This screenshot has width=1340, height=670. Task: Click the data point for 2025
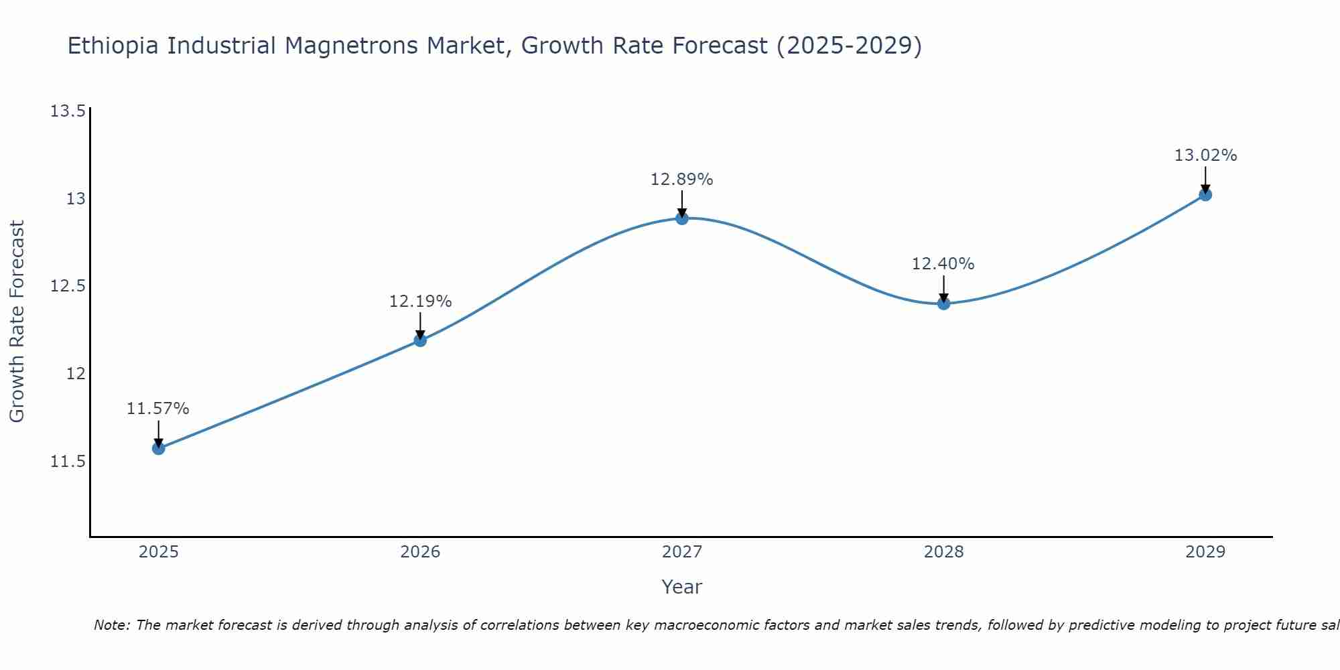click(x=159, y=448)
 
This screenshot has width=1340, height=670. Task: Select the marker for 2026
click(x=420, y=340)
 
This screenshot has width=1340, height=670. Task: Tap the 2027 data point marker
click(x=682, y=218)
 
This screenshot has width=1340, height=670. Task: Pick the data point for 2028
click(x=943, y=304)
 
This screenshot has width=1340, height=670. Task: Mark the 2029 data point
click(x=1205, y=195)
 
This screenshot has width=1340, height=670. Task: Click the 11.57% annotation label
click(x=158, y=409)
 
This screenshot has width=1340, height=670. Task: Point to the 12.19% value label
click(x=420, y=301)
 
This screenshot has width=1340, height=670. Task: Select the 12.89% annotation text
click(x=682, y=180)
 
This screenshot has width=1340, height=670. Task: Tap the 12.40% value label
click(x=943, y=264)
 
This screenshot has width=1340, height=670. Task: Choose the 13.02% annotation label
click(x=1205, y=155)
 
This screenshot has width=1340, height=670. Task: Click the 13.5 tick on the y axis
click(x=68, y=111)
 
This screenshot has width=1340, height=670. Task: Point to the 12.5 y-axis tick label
click(x=68, y=286)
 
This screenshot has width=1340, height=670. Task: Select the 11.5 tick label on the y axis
click(x=68, y=462)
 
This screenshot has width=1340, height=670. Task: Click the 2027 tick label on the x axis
click(x=682, y=552)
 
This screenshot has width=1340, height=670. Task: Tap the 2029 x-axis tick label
click(x=1205, y=552)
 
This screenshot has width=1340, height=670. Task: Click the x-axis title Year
click(x=682, y=587)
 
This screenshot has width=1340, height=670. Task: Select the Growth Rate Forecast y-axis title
click(x=17, y=322)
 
